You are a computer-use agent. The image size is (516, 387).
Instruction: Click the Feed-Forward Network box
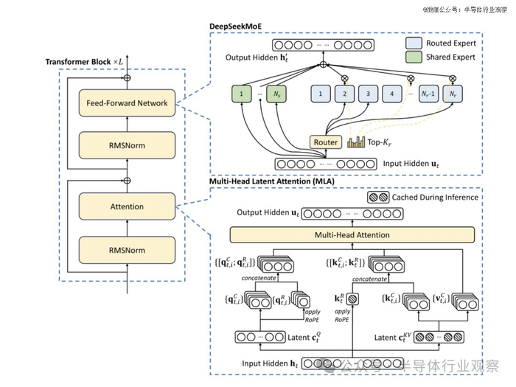[127, 103]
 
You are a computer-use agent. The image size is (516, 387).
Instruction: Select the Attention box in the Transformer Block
[127, 206]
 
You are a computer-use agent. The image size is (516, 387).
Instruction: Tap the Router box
[326, 142]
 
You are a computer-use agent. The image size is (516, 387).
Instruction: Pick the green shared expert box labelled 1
[240, 94]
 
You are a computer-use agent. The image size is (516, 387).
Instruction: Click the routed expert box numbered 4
[392, 94]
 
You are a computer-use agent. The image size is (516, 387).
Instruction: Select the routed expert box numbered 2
[342, 94]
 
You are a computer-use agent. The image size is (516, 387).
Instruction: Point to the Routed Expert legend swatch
[414, 43]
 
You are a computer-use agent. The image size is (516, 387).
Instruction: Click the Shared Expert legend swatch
[414, 57]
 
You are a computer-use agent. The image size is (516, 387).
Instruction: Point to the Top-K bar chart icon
[356, 142]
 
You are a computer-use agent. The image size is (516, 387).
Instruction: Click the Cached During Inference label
[433, 198]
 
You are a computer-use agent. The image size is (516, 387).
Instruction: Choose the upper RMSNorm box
[127, 145]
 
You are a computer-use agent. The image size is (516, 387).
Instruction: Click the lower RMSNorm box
[127, 248]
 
